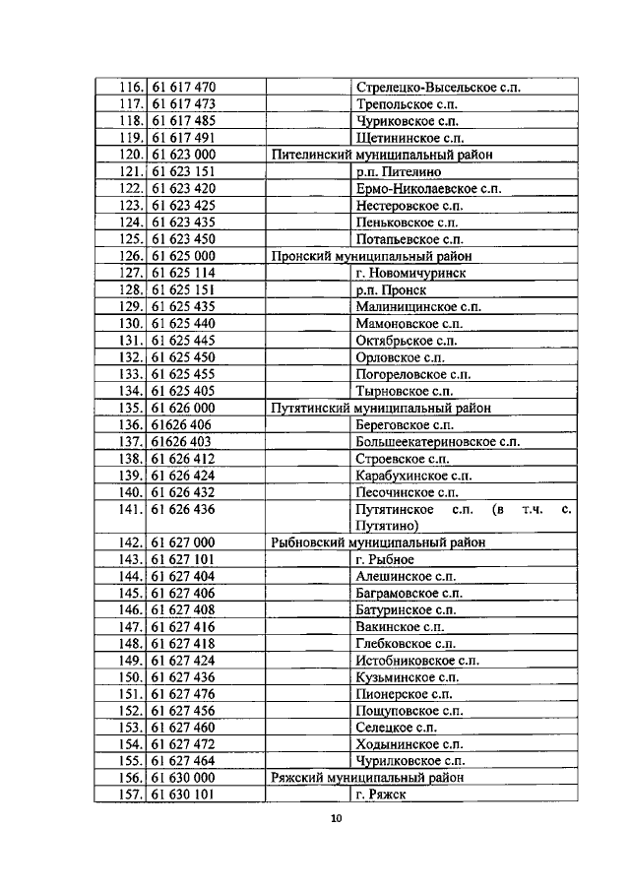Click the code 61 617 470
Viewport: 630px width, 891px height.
click(x=184, y=87)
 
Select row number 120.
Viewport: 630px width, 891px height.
click(x=131, y=155)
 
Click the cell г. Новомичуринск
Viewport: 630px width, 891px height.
click(x=410, y=273)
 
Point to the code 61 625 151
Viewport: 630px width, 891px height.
click(x=184, y=289)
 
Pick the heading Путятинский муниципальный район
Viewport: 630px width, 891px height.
click(x=381, y=408)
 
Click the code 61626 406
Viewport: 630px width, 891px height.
click(x=182, y=424)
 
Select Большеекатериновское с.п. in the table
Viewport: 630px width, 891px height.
click(x=438, y=441)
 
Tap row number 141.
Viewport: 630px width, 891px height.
click(x=131, y=509)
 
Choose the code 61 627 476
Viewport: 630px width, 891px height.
click(x=184, y=694)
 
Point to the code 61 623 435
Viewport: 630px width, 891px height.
click(x=184, y=222)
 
